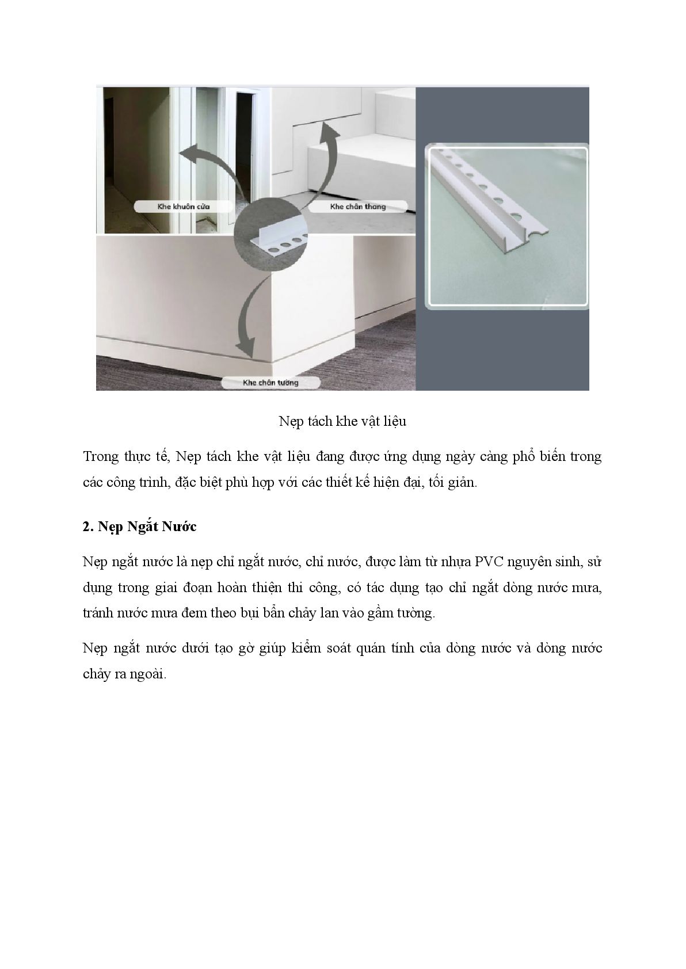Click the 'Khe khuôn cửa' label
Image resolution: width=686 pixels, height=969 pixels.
(184, 207)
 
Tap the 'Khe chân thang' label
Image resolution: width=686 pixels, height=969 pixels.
(358, 207)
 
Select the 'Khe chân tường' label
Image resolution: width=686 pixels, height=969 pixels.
(270, 383)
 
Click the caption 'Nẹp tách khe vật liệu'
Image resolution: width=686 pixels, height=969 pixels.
(342, 421)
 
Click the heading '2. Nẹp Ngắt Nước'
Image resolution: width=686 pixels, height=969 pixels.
(139, 527)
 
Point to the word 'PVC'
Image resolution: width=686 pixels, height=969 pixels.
(489, 562)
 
